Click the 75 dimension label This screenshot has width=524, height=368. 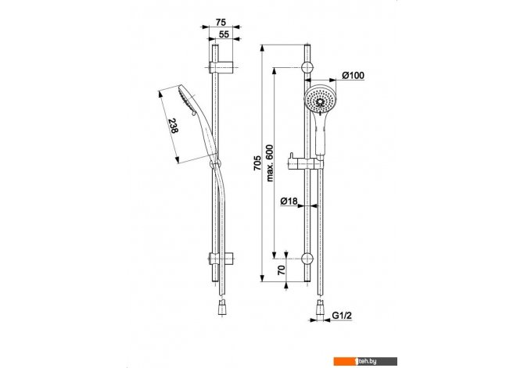click(x=221, y=22)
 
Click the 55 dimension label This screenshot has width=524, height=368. click(x=224, y=34)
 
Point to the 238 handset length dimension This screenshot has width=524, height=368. click(x=173, y=126)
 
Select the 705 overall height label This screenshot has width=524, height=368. click(x=257, y=163)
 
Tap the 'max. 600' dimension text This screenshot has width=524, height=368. click(x=269, y=163)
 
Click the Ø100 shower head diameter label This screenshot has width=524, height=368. click(x=354, y=76)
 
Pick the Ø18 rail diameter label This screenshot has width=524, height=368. click(x=289, y=201)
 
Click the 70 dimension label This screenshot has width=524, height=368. click(x=282, y=270)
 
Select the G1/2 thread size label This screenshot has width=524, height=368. click(x=342, y=315)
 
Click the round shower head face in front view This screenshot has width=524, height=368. click(x=320, y=99)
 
